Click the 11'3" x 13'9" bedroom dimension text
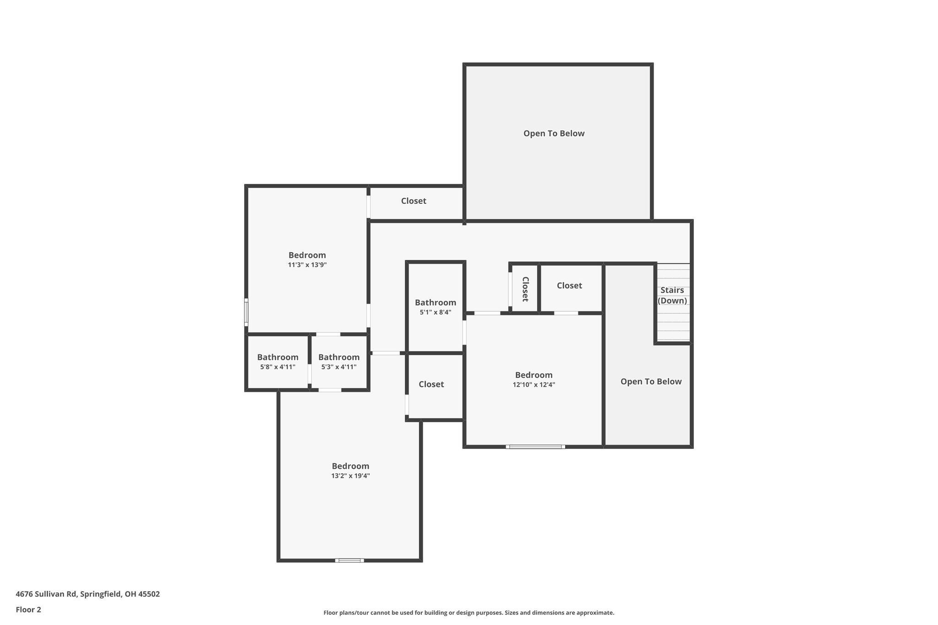307,265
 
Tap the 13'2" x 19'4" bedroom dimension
350,476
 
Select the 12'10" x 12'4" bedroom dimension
534,385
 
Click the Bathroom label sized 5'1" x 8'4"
435,303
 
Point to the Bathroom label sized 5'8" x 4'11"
278,357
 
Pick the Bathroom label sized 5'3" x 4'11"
339,357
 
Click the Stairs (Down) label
672,295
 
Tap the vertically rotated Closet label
525,289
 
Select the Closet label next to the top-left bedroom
414,201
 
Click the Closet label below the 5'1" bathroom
431,384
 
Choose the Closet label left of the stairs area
569,286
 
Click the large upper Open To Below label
554,134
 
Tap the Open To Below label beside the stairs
651,382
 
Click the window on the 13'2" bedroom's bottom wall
349,560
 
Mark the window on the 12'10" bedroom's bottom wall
535,446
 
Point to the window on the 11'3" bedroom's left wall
246,312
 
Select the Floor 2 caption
28,610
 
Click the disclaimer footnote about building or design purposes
469,613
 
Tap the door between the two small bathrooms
310,374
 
